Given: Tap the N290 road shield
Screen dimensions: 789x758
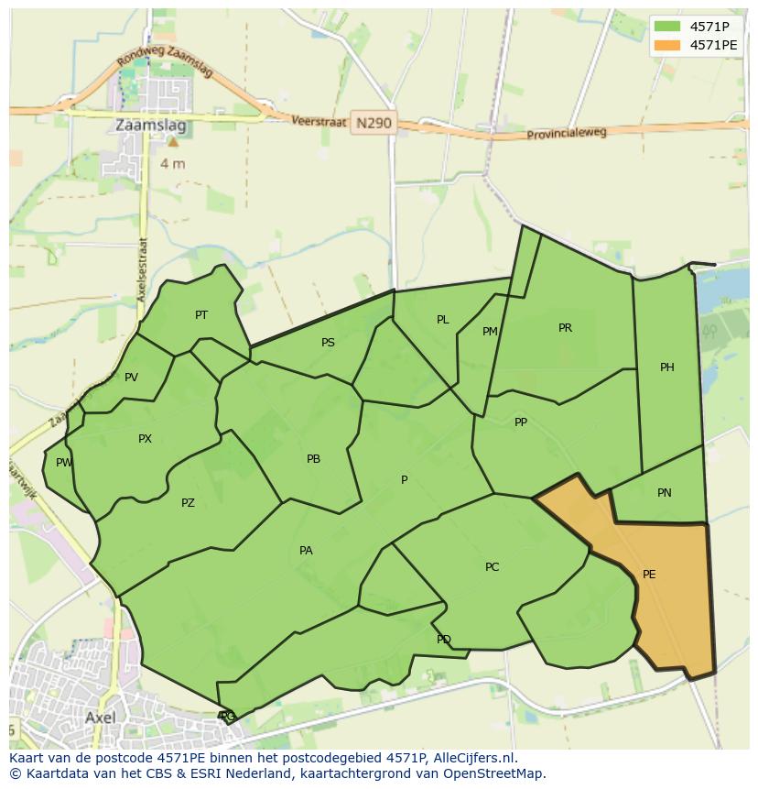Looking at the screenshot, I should coord(374,123).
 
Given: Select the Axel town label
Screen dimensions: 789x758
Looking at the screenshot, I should coord(100,718).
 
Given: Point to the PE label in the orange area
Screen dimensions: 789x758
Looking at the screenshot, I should coord(649,575).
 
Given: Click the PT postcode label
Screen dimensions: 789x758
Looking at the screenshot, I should coord(201,315).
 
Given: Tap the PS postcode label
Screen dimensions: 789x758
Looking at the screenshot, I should coord(328,343).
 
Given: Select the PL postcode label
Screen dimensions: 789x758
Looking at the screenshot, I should coord(443,320).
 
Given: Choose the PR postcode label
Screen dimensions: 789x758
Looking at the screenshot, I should coord(565,328).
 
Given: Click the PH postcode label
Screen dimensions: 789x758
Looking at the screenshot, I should coord(667,367).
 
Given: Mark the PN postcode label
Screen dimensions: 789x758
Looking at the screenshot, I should coord(665,493).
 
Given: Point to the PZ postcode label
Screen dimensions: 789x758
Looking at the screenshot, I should coord(188,503).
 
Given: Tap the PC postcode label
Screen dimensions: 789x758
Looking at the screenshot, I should coord(493,567).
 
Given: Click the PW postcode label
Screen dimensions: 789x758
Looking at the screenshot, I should coord(64,463).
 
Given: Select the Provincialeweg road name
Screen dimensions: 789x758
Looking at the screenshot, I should coord(567,134).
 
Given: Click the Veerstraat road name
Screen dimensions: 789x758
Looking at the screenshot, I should coord(319,121).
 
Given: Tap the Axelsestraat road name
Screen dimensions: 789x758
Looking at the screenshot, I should coord(143,269).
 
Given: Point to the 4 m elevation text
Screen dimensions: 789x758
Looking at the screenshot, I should coord(172,164).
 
